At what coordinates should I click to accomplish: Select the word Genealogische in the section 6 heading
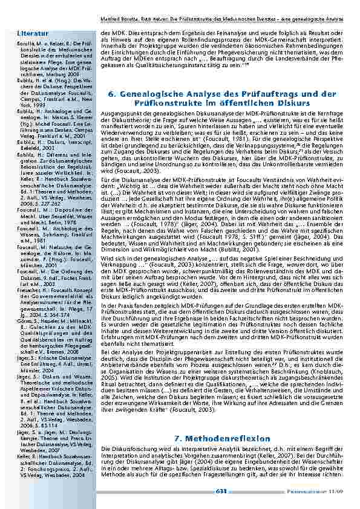point(151,94)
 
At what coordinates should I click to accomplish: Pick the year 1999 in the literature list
point(25,106)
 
